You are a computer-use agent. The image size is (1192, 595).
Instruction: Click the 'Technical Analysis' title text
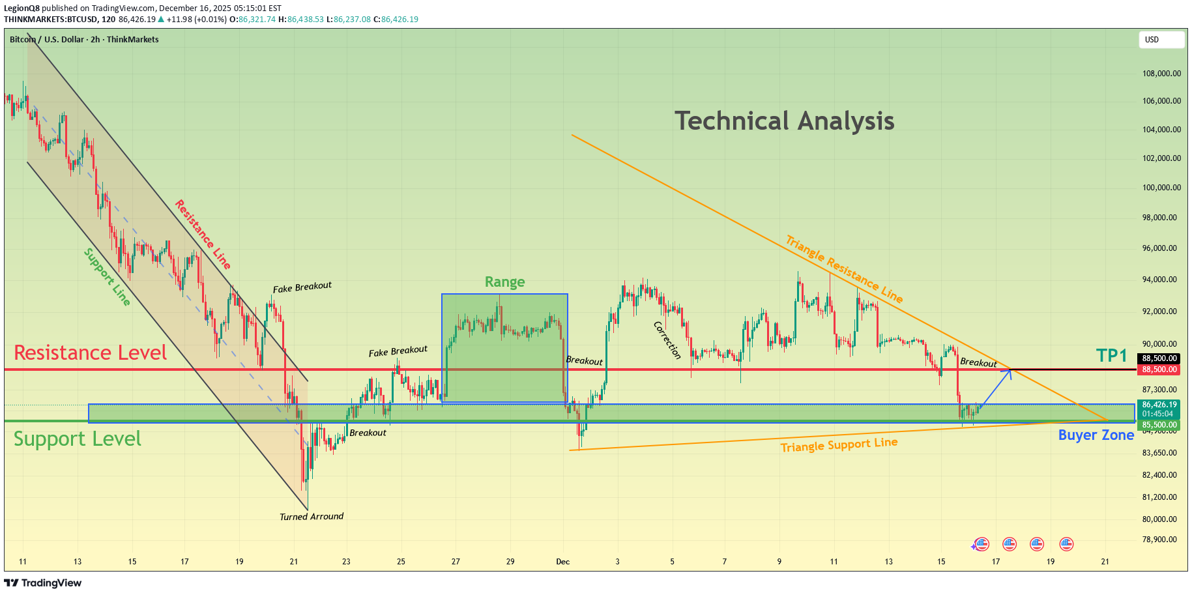click(784, 121)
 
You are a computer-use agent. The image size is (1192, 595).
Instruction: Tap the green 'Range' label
click(504, 282)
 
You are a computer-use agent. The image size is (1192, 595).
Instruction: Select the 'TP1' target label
click(1111, 355)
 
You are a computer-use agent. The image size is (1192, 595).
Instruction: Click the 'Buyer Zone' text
click(1096, 435)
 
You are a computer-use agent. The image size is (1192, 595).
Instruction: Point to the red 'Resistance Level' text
click(91, 353)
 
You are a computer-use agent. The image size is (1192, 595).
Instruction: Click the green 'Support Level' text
click(78, 439)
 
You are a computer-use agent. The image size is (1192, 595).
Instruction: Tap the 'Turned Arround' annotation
click(312, 517)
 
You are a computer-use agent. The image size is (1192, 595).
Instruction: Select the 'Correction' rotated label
click(667, 340)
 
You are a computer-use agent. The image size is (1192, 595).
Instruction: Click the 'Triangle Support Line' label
click(839, 444)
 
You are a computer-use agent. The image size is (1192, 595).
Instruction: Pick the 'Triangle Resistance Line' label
click(844, 269)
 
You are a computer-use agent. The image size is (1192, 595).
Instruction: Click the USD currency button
click(1161, 40)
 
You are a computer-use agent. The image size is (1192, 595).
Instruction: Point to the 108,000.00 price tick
click(1161, 74)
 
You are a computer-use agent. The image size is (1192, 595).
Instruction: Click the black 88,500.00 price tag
click(1159, 358)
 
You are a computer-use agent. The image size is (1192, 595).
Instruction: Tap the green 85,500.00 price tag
click(1159, 425)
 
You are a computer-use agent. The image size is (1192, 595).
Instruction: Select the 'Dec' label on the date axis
click(563, 562)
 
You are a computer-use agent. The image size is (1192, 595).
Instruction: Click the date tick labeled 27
click(456, 562)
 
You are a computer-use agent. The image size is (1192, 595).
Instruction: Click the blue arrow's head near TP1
click(1010, 371)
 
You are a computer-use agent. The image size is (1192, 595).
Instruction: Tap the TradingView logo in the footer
click(43, 583)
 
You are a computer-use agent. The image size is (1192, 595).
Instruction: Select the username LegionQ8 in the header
click(22, 8)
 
